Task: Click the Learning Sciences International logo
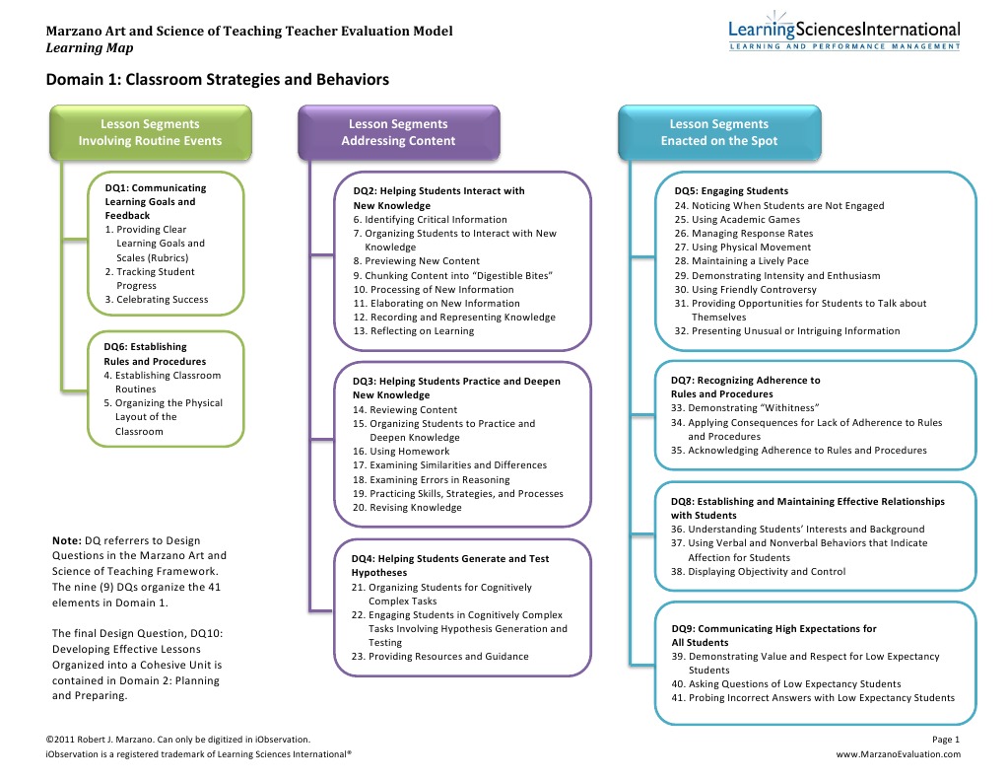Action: [844, 36]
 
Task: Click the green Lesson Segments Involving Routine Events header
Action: [150, 132]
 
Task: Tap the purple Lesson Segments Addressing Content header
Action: [398, 132]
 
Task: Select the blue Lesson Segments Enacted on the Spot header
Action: [718, 132]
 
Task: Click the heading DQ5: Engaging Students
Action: [731, 191]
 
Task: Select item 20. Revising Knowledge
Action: [407, 508]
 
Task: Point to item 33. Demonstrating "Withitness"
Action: [746, 408]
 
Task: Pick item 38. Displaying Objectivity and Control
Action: [758, 572]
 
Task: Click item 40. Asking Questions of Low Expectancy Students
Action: [786, 684]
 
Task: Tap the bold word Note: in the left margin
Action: [66, 540]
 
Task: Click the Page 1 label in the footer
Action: [945, 739]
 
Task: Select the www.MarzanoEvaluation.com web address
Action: [898, 754]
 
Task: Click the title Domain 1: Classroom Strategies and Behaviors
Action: [218, 80]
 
